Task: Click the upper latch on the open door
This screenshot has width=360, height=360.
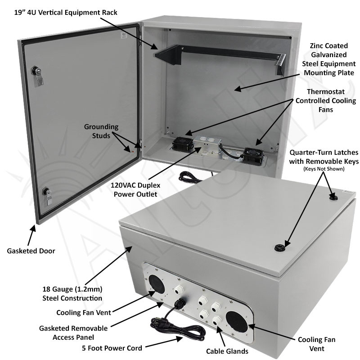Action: (x=36, y=73)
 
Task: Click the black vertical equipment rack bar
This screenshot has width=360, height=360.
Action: (x=216, y=53)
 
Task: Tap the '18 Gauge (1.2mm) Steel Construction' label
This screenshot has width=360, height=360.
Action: (x=85, y=293)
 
